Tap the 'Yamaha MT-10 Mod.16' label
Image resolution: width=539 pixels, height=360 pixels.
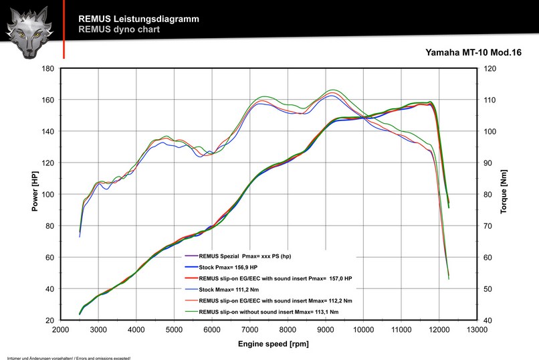pyautogui.click(x=473, y=52)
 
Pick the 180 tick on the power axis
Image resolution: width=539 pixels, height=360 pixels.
pyautogui.click(x=47, y=68)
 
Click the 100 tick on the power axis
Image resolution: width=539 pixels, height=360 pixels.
pyautogui.click(x=47, y=194)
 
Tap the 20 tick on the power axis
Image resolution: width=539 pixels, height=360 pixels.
pyautogui.click(x=49, y=321)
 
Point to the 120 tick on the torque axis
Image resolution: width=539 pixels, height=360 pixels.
pyautogui.click(x=490, y=68)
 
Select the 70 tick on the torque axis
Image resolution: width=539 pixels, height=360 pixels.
pyautogui.click(x=488, y=226)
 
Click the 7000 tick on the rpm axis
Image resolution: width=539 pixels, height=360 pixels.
pyautogui.click(x=249, y=330)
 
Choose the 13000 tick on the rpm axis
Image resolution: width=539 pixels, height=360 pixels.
pyautogui.click(x=476, y=330)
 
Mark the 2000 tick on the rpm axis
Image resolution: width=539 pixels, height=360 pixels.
pyautogui.click(x=61, y=330)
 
